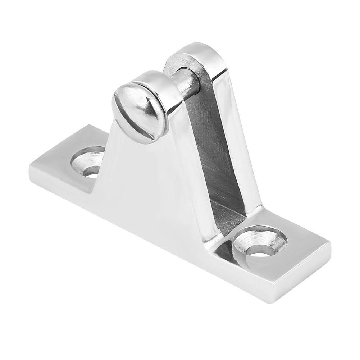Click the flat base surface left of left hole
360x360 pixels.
(58, 162)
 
